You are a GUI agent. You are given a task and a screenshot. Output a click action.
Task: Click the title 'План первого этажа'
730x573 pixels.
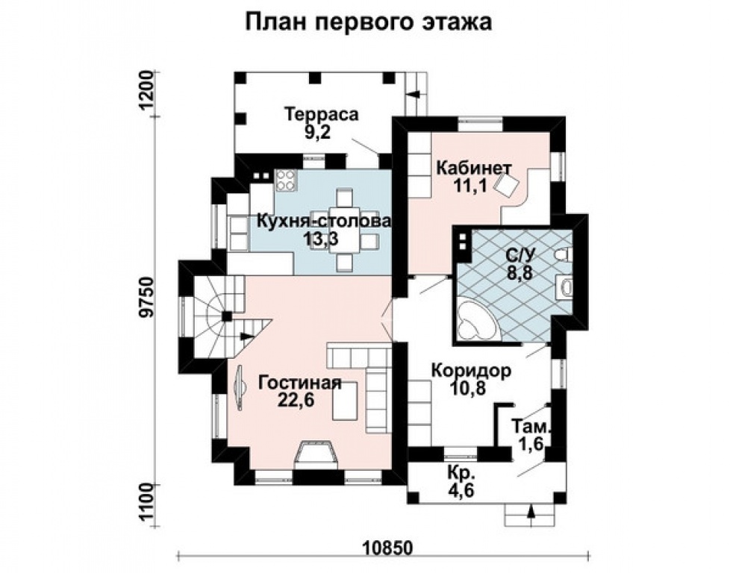[369, 22]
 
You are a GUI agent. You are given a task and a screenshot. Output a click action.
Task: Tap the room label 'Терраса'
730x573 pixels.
[322, 115]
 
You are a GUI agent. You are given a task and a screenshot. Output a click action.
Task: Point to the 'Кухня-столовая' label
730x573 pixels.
[324, 222]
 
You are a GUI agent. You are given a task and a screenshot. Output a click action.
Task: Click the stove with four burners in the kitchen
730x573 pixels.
[285, 180]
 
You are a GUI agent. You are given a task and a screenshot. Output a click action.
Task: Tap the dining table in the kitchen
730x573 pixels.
[344, 231]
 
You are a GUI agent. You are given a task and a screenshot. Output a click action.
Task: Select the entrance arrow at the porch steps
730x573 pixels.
[530, 513]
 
